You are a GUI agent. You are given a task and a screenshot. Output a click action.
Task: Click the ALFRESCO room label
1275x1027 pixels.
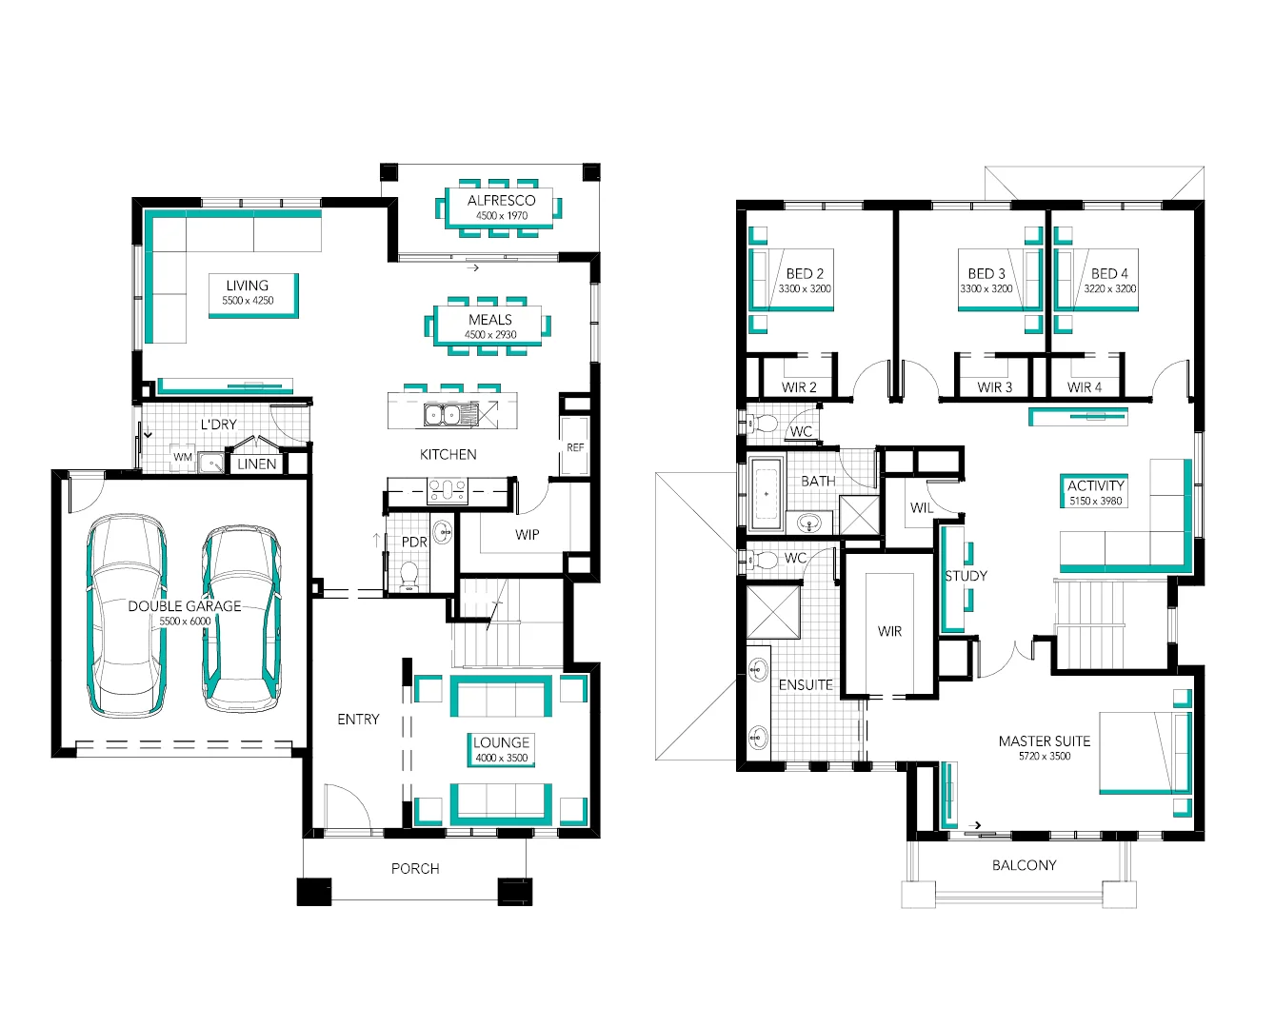(x=501, y=201)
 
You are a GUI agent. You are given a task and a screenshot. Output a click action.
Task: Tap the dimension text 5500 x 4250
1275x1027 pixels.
(x=248, y=301)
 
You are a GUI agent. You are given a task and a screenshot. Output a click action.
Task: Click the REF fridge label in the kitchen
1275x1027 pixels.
(x=575, y=447)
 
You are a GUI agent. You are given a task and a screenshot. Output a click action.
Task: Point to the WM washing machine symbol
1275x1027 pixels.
(x=183, y=458)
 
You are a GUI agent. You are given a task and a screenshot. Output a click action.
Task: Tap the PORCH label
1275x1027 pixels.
(x=415, y=868)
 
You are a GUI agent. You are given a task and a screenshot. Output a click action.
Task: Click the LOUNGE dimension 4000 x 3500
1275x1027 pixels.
(x=501, y=759)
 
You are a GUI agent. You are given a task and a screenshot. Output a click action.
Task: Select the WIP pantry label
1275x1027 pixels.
(x=528, y=535)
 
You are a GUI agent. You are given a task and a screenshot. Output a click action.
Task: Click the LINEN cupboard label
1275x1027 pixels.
(x=257, y=464)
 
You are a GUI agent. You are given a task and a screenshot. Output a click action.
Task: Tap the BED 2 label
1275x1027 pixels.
(x=805, y=274)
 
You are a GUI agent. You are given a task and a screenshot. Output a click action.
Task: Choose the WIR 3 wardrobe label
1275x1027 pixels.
(x=995, y=387)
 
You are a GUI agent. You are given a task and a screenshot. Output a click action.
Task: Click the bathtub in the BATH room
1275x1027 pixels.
(x=766, y=494)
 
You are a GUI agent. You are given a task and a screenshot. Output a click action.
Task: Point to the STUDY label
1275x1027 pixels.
(x=966, y=576)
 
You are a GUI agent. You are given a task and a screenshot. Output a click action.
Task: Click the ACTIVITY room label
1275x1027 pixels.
(x=1095, y=485)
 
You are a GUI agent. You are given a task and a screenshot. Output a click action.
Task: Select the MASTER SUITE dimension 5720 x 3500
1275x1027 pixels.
(x=1044, y=757)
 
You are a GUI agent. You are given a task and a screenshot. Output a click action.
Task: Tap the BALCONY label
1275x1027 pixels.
(x=1024, y=865)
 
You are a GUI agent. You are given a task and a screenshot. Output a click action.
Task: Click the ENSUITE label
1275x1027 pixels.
(x=806, y=685)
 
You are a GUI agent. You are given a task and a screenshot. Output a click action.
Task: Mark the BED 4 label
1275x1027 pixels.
(x=1109, y=274)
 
